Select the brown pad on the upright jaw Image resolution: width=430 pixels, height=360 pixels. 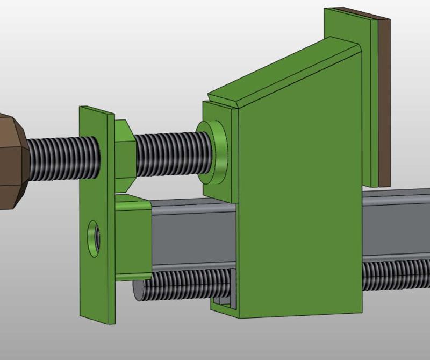tap(384, 102)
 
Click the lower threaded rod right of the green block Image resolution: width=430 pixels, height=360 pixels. tap(395, 275)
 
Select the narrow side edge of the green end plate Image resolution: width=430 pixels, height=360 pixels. tap(111, 215)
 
